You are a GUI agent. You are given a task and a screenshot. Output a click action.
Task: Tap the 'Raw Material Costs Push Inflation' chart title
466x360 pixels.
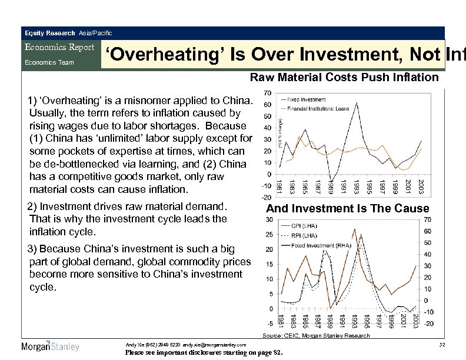(x=344, y=77)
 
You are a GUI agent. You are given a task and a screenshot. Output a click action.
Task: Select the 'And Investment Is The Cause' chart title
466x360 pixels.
(x=348, y=209)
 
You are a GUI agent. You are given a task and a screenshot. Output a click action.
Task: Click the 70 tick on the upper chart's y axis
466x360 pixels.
(x=267, y=93)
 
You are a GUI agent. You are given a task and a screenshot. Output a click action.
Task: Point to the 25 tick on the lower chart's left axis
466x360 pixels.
(x=268, y=235)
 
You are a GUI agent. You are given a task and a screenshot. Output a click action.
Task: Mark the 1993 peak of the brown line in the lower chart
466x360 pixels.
(x=354, y=228)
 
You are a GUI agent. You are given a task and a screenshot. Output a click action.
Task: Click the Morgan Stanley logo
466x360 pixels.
(x=50, y=346)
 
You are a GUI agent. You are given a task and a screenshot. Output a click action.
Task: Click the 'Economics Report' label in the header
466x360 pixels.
(x=59, y=48)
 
